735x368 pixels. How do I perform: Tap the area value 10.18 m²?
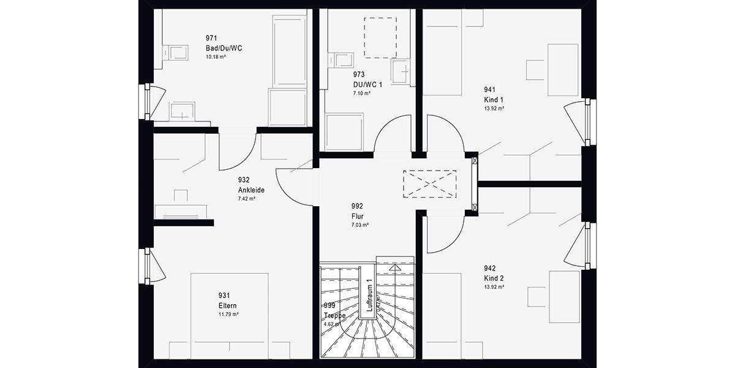(x=216, y=56)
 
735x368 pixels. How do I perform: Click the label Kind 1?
(x=493, y=99)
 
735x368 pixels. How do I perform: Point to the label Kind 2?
(x=494, y=278)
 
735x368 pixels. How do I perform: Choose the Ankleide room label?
(x=251, y=190)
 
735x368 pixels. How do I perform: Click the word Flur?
(x=358, y=216)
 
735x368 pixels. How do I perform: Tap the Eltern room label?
(x=227, y=305)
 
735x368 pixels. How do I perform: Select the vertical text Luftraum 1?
(x=369, y=297)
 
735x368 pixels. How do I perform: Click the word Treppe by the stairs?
(x=334, y=315)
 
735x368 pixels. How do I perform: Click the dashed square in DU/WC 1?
(x=380, y=37)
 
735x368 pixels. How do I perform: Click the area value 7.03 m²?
(x=360, y=225)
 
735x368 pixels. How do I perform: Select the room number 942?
(x=489, y=269)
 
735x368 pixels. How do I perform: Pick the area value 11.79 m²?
(x=228, y=314)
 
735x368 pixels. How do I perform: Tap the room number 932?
(x=244, y=180)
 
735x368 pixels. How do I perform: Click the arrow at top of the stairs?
(x=395, y=267)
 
